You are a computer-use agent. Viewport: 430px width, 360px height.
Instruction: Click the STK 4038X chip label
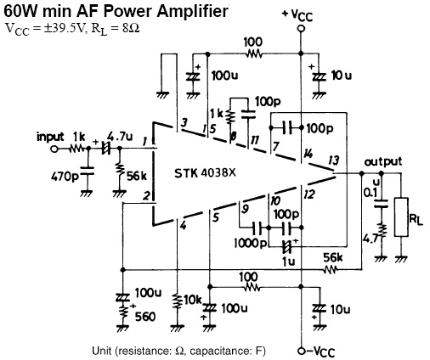(x=205, y=173)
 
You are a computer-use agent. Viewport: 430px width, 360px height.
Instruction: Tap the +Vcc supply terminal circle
(x=301, y=29)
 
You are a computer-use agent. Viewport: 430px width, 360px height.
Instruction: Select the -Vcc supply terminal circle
(x=301, y=351)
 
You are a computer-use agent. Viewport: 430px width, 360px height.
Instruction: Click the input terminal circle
(x=54, y=149)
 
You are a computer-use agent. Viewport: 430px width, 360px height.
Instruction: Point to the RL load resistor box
(x=401, y=217)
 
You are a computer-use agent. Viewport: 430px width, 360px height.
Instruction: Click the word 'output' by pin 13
(x=382, y=162)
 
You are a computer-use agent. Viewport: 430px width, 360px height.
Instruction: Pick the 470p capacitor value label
(x=65, y=177)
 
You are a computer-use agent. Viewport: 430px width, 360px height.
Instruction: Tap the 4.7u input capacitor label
(x=120, y=137)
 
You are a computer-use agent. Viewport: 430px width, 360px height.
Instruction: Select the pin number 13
(x=333, y=160)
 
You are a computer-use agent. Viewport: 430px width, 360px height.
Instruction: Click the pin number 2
(x=146, y=195)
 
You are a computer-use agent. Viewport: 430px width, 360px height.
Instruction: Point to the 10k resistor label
(x=192, y=300)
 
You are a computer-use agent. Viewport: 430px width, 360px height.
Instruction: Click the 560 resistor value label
(x=145, y=317)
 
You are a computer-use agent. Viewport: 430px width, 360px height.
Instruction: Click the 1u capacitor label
(x=288, y=262)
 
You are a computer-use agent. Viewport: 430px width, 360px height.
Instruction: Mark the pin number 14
(x=308, y=154)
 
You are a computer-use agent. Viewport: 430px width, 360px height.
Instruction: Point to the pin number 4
(x=184, y=226)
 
